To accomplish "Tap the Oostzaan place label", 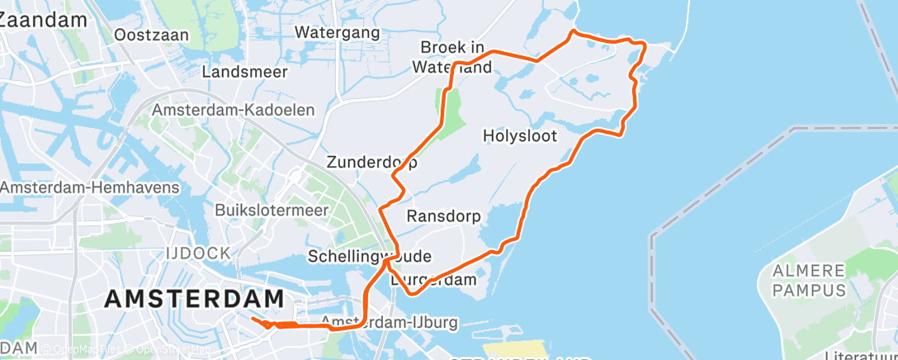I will click(152, 36).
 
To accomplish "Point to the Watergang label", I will click(338, 33).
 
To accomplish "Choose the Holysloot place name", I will click(519, 135).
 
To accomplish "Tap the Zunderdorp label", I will click(371, 162).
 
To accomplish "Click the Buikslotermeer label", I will click(272, 211).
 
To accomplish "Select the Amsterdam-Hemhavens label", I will click(89, 188).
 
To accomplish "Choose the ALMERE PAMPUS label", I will click(810, 281).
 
